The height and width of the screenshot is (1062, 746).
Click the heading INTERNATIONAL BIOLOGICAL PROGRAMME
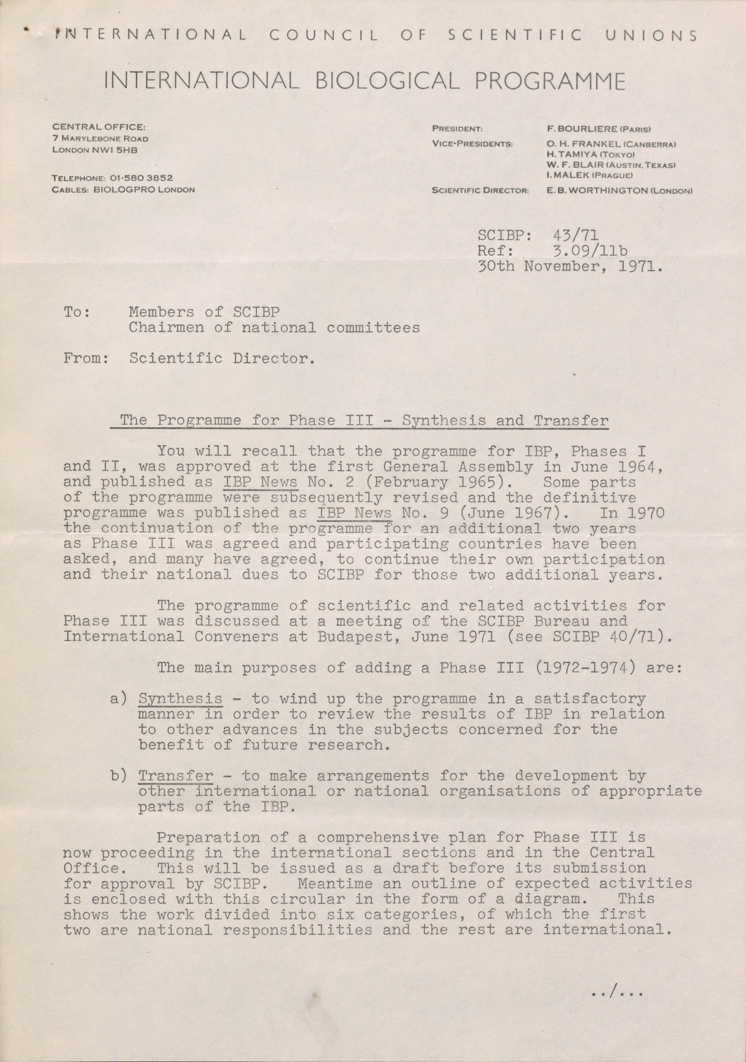point(365,81)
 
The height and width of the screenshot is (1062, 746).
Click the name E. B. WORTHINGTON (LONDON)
point(619,190)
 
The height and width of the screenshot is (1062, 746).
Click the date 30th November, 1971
point(570,267)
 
